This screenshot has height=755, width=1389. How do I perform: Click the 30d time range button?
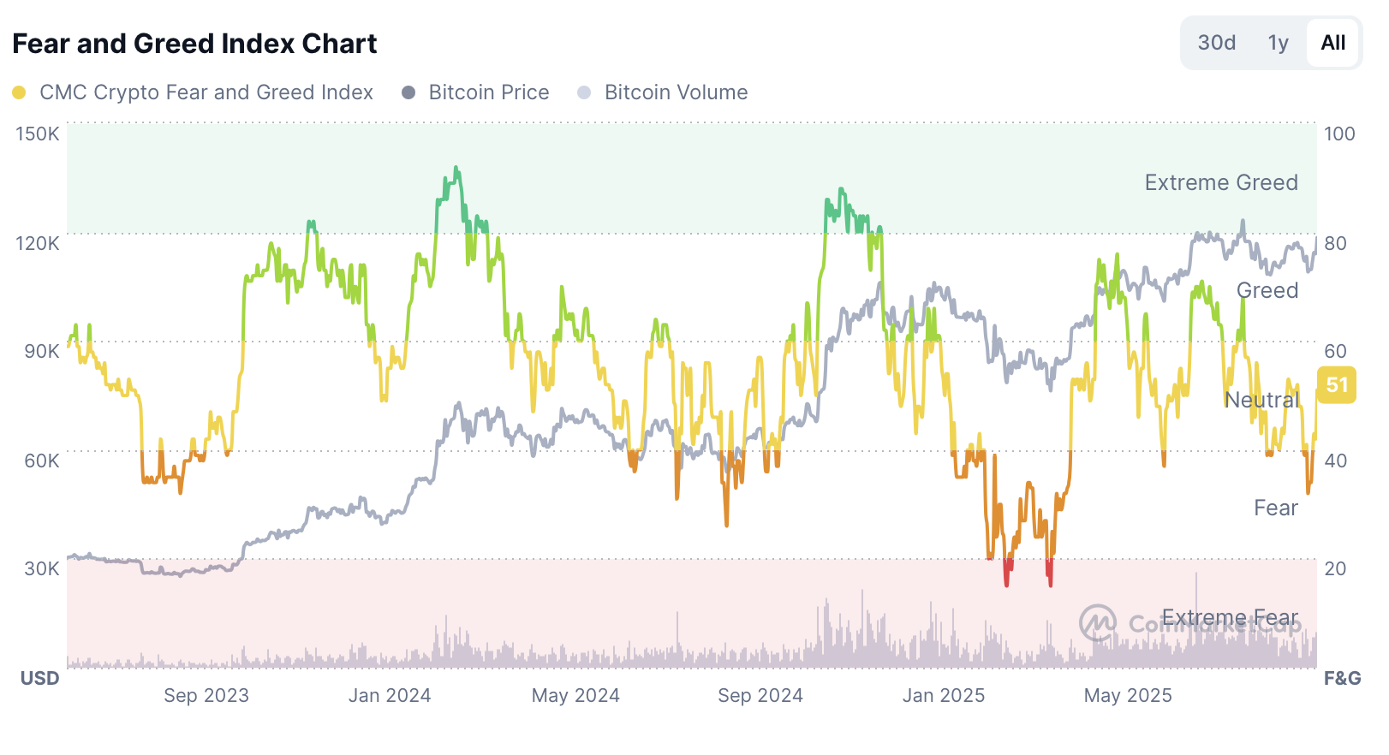tap(1216, 43)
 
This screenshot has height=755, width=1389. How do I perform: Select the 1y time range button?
tap(1278, 43)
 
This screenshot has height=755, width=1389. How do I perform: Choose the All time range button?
tap(1332, 43)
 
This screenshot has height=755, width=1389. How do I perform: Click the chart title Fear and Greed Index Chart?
tap(194, 44)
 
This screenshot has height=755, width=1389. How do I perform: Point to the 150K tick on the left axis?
tap(38, 134)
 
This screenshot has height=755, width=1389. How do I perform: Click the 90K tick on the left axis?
tap(42, 351)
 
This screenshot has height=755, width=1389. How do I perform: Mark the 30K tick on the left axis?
tap(42, 568)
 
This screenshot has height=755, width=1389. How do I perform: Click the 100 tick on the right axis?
tap(1339, 134)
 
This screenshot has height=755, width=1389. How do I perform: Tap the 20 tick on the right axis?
tap(1335, 568)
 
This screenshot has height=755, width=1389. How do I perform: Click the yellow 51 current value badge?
tap(1337, 385)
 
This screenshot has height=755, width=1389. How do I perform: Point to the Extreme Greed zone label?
tap(1221, 182)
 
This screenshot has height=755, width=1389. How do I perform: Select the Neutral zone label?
tap(1261, 400)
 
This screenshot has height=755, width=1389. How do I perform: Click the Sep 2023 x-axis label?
tap(206, 695)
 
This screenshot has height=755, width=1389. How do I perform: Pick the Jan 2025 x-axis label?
tap(944, 695)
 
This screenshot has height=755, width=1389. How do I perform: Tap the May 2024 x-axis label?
tap(575, 695)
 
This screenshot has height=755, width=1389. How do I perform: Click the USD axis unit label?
tap(40, 678)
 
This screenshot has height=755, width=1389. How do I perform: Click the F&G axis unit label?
tap(1342, 678)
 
